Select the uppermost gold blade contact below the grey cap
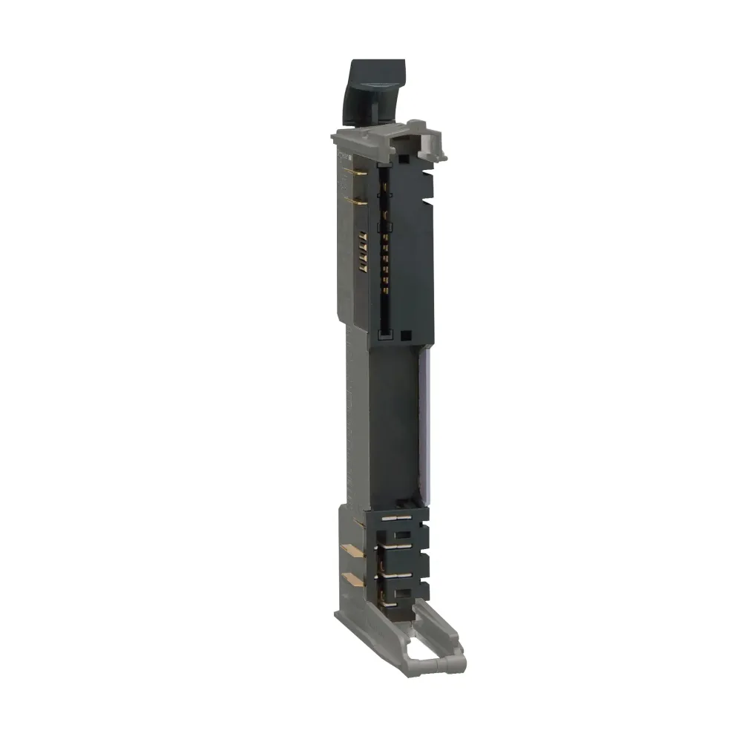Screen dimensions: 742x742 355,173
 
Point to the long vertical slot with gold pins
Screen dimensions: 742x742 384,252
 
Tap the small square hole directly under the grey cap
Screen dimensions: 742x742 401,158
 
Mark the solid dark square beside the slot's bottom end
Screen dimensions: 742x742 405,335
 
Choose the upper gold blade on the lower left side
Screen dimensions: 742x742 351,550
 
